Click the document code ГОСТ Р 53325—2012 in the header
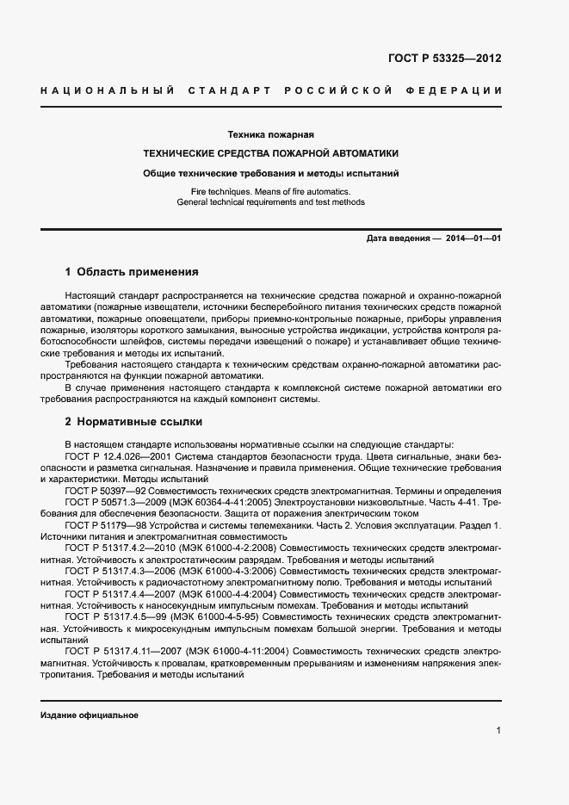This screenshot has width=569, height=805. [445, 59]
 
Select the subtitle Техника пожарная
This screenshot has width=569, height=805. [270, 134]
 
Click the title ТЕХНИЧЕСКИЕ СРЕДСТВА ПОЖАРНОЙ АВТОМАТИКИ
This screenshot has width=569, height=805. [270, 153]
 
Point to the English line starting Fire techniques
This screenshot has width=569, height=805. [270, 190]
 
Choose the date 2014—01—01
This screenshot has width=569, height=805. [473, 238]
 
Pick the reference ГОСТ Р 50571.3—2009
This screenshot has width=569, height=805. [111, 501]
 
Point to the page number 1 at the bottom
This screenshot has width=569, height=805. [498, 731]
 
